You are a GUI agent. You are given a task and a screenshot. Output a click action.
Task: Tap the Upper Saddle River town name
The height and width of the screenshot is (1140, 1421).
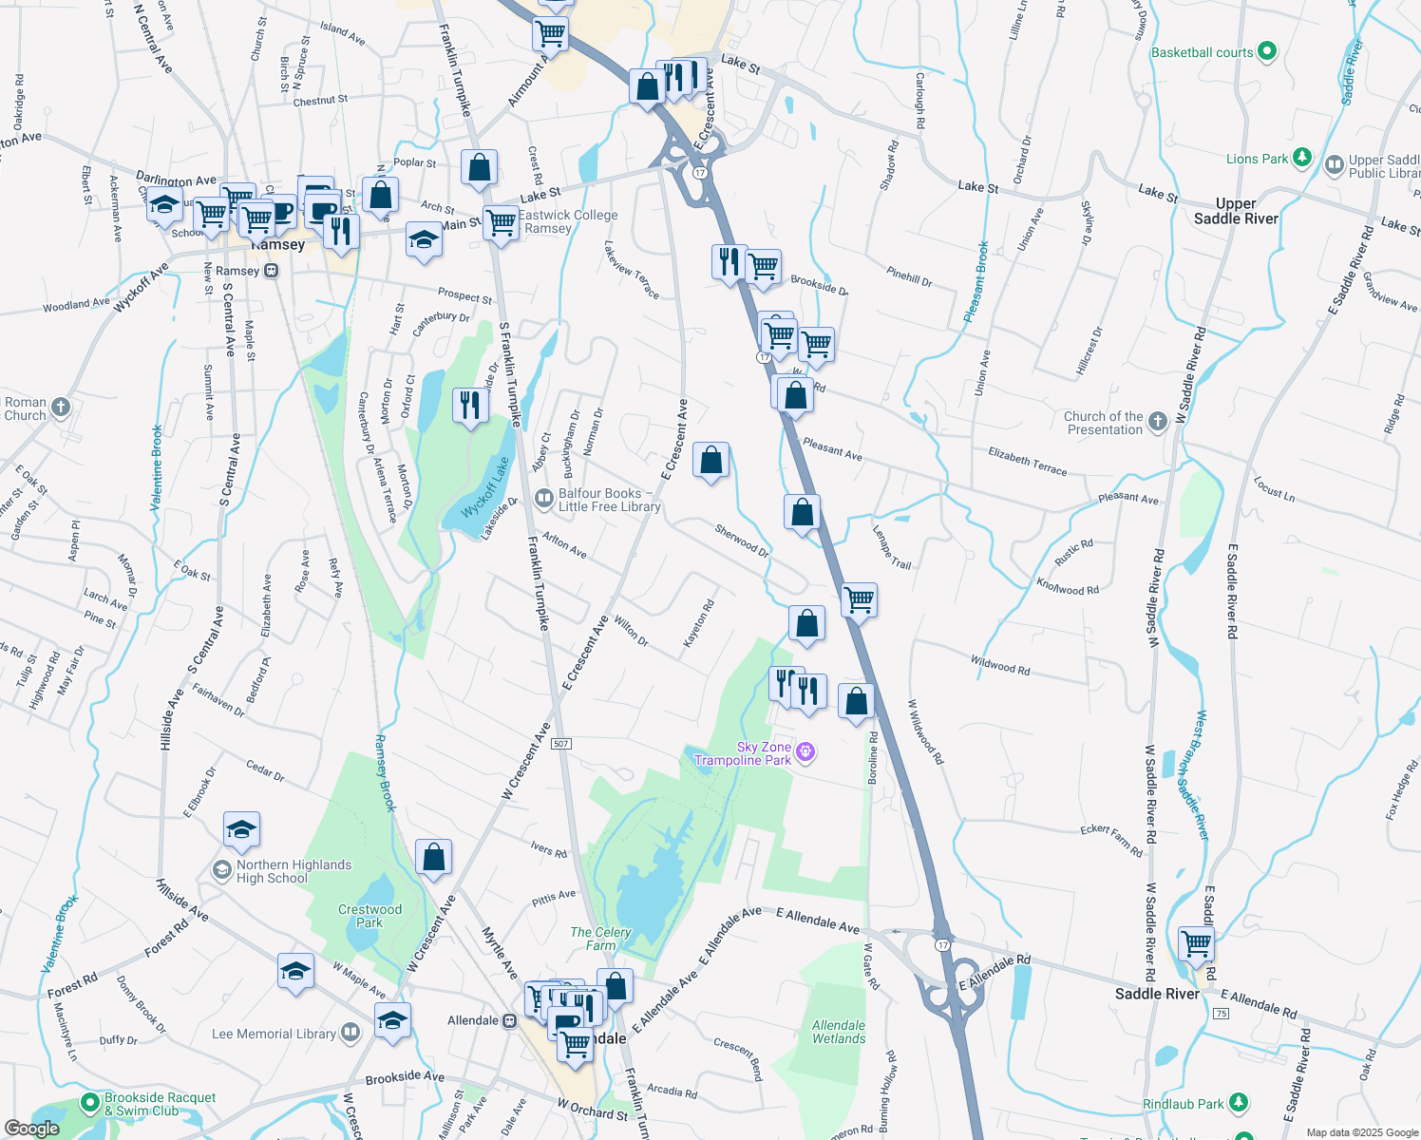pos(1236,211)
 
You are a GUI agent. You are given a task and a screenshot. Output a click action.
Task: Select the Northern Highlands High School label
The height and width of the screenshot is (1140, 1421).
pos(294,871)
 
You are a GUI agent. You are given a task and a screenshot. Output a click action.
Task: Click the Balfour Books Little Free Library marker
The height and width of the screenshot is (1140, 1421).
pos(544,498)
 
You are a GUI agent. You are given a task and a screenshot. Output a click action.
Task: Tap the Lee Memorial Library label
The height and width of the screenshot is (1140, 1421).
pos(274,1034)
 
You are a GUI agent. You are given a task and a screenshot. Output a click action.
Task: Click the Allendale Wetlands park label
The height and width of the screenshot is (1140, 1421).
pos(839,1032)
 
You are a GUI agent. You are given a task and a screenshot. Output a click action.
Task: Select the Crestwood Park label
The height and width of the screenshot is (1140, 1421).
pos(369,916)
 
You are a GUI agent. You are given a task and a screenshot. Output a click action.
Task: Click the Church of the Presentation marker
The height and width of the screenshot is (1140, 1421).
pos(1157,422)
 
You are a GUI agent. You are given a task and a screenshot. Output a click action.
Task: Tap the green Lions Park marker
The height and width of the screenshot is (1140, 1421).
pos(1302,157)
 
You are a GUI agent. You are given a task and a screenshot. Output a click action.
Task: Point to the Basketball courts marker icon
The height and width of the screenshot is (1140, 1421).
pos(1266,52)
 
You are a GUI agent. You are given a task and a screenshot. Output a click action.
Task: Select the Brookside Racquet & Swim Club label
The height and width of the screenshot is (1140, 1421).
pos(160,1104)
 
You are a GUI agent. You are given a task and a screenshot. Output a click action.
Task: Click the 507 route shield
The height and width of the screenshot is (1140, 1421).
pos(561,743)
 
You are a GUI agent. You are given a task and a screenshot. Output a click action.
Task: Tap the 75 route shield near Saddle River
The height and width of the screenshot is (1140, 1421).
pos(1222,1014)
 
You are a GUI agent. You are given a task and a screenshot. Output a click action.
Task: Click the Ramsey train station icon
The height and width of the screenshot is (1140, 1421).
pos(272,271)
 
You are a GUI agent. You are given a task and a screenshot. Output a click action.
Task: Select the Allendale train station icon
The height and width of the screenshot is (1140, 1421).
pos(509,1021)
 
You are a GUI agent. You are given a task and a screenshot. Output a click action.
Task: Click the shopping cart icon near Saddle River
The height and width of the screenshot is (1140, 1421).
pos(1196,944)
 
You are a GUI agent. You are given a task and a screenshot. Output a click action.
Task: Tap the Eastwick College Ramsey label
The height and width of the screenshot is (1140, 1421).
pos(568,221)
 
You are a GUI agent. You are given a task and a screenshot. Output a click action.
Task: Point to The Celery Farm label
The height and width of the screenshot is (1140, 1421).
pos(600,939)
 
